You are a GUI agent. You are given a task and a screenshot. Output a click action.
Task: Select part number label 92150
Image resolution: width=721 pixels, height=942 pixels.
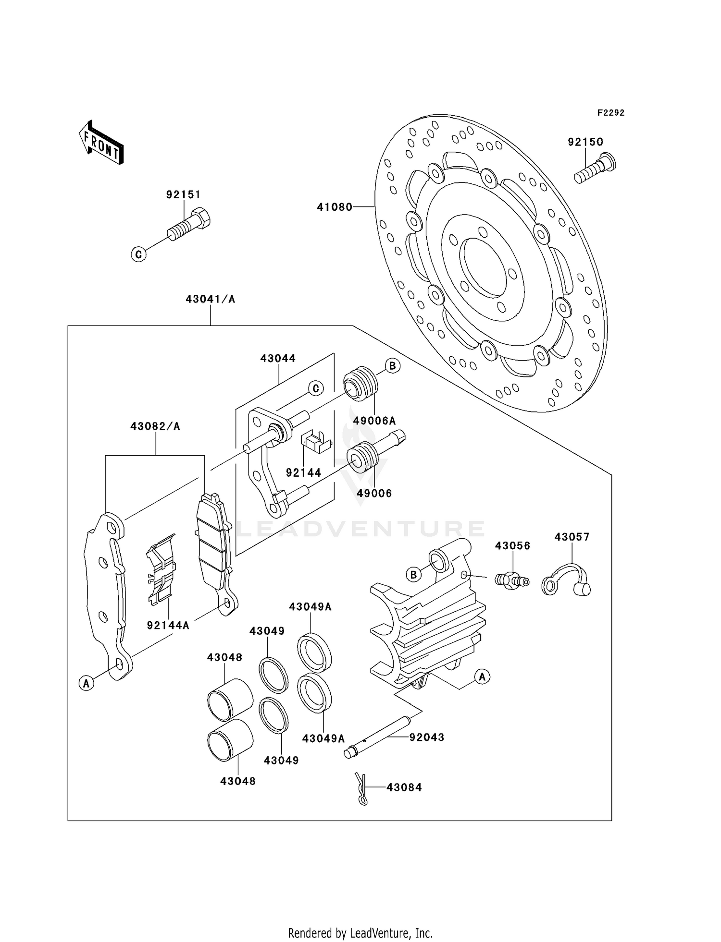pyautogui.click(x=585, y=142)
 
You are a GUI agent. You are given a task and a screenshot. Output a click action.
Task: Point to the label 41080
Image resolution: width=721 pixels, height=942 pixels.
pyautogui.click(x=335, y=207)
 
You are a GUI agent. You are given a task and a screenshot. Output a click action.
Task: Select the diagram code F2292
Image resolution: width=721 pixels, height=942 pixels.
pyautogui.click(x=610, y=113)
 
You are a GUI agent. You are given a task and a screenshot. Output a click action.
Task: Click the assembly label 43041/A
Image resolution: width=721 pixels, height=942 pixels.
pyautogui.click(x=211, y=300)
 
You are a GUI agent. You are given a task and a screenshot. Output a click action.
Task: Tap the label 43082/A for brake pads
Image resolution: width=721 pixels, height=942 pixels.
pyautogui.click(x=155, y=426)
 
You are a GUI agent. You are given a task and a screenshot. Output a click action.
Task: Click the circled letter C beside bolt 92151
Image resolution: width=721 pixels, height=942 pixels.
pyautogui.click(x=139, y=254)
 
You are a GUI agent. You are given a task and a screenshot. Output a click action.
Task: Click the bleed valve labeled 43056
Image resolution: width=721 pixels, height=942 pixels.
pyautogui.click(x=512, y=579)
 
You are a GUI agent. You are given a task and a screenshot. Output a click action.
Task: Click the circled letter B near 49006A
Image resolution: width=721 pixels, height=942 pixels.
pyautogui.click(x=393, y=366)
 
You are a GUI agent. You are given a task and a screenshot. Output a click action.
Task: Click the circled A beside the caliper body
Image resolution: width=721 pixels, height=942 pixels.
pyautogui.click(x=482, y=677)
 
